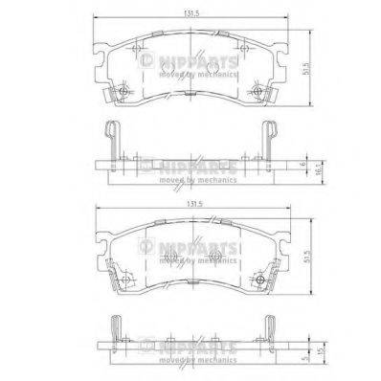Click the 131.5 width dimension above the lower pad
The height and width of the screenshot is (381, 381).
pos(192,205)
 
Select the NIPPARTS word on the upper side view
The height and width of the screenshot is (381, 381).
pos(191,166)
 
